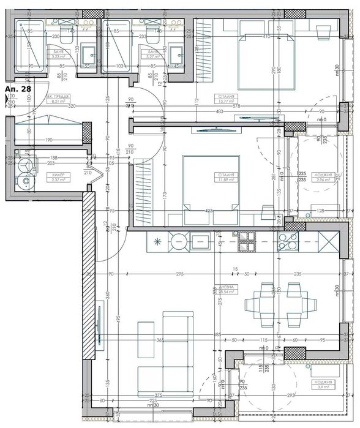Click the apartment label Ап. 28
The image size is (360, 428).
point(18,89)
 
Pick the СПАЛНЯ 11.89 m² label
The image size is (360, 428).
point(224,178)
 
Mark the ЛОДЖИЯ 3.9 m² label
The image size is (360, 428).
point(326,385)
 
